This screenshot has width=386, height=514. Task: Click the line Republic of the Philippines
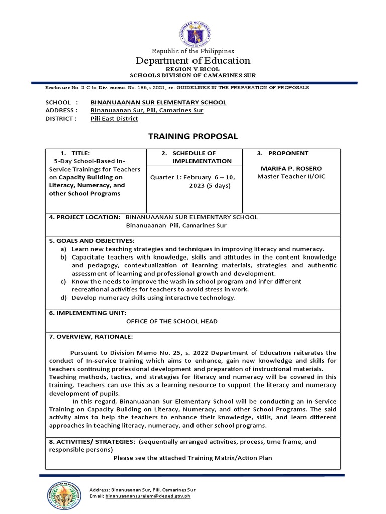(x=194, y=51)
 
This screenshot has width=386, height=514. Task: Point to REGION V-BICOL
(x=194, y=69)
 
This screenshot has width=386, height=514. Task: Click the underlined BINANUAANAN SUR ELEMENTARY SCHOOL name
(x=158, y=102)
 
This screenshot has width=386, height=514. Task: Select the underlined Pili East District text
(x=114, y=119)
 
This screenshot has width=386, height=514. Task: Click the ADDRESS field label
(x=61, y=110)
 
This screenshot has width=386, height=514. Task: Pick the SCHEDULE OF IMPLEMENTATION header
(x=194, y=157)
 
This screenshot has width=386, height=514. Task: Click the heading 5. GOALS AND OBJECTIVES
(x=91, y=241)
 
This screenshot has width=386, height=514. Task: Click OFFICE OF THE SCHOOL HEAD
(x=171, y=321)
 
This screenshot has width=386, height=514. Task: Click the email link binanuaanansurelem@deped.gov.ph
(x=148, y=496)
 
